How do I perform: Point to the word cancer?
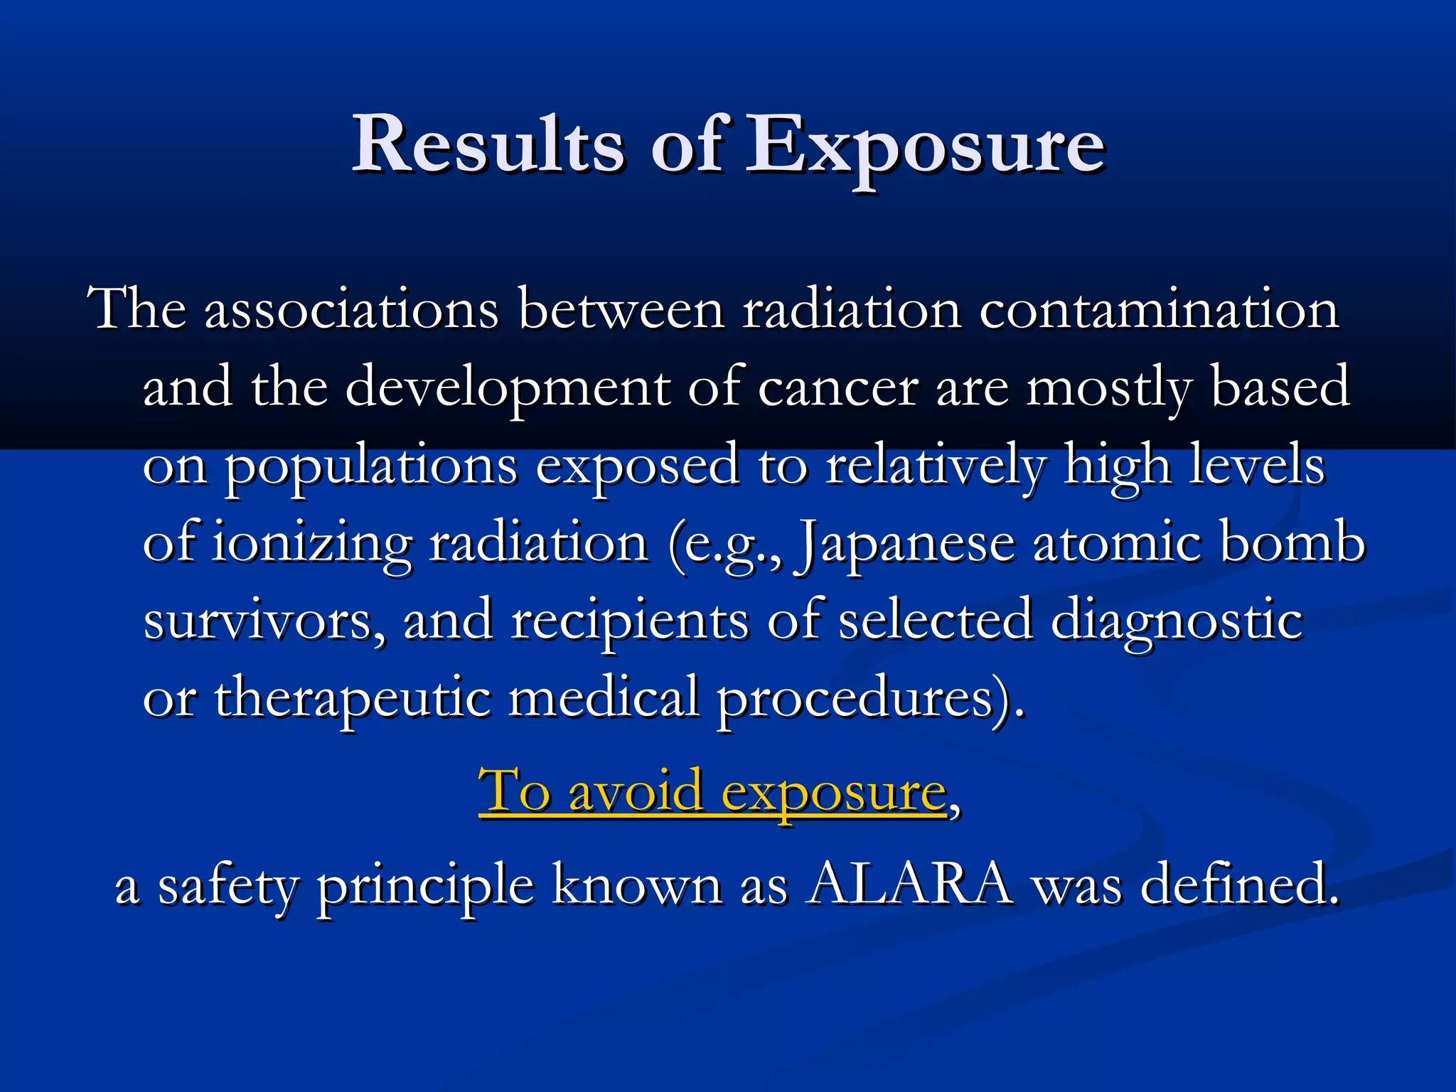click(x=838, y=387)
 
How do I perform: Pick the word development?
click(x=508, y=390)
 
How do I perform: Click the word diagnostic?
click(x=1177, y=621)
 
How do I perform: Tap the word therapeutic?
click(x=353, y=699)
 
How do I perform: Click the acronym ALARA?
click(x=909, y=884)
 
